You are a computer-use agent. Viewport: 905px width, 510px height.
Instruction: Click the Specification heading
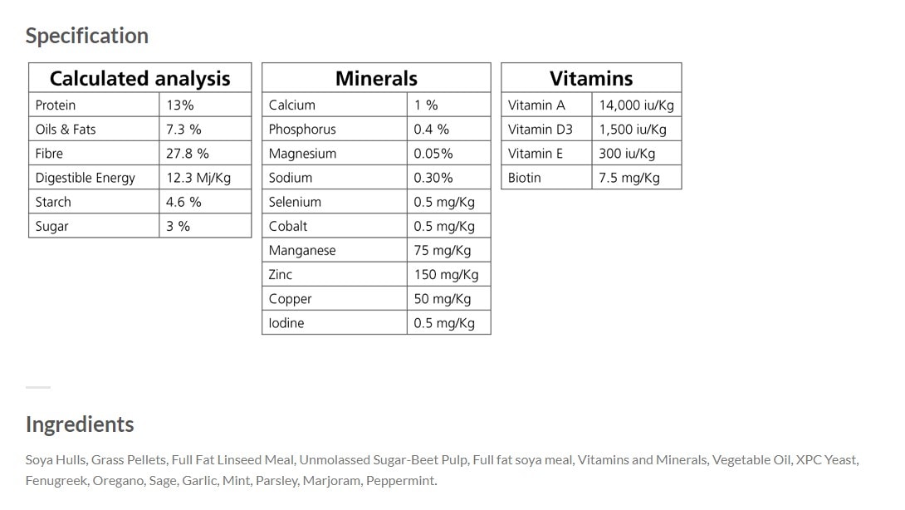(x=87, y=36)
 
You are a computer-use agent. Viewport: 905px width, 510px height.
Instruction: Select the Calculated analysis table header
(x=139, y=78)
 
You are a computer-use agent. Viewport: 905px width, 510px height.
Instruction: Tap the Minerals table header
(x=376, y=78)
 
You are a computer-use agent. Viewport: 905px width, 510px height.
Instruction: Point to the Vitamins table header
(x=591, y=78)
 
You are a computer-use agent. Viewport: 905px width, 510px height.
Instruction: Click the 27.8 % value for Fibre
(x=188, y=154)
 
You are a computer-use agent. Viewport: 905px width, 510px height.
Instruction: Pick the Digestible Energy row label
(x=85, y=178)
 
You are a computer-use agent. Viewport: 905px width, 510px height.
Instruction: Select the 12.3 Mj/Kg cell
(x=198, y=178)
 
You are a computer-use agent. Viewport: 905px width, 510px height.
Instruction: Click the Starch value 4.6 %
(x=183, y=202)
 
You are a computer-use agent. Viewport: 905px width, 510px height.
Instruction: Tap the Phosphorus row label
(x=302, y=130)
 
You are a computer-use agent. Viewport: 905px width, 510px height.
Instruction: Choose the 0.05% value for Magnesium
(x=433, y=154)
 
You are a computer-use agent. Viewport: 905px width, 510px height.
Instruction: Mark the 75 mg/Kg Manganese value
(x=443, y=250)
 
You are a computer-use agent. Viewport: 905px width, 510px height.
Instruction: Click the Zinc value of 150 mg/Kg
(x=446, y=274)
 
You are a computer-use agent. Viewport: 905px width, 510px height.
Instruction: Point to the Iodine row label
(x=286, y=323)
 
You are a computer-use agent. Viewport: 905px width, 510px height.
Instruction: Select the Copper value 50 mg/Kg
(x=443, y=299)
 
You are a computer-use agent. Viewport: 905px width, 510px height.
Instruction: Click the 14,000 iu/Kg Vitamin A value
(x=637, y=105)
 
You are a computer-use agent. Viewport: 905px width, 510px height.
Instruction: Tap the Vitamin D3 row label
(x=541, y=130)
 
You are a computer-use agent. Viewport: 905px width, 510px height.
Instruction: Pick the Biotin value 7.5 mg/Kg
(x=629, y=178)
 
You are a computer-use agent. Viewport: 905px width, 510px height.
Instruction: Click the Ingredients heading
(x=80, y=424)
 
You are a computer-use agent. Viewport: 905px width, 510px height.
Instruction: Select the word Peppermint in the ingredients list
(x=401, y=481)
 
